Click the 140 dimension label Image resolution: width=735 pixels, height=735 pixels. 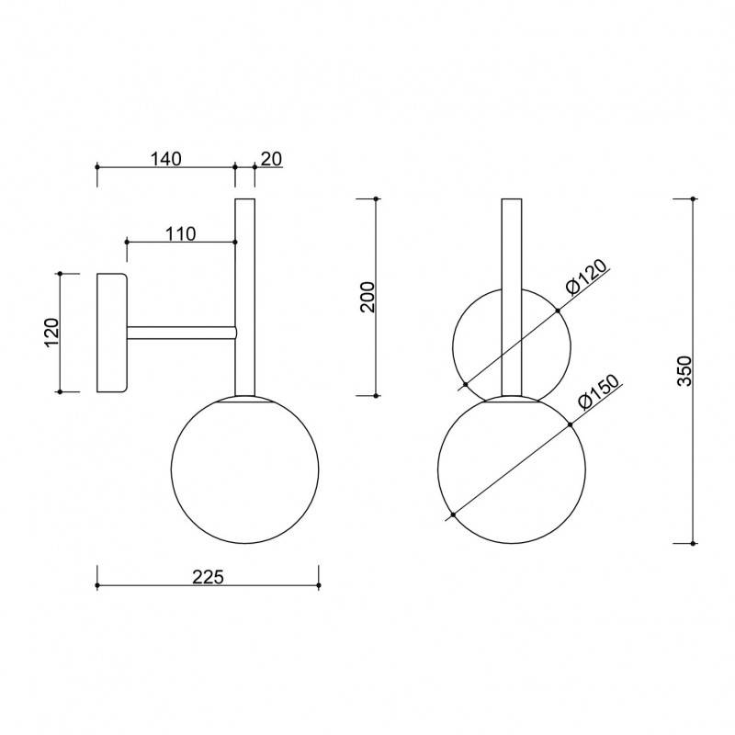click(165, 159)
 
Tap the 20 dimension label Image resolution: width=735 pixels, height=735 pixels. click(271, 159)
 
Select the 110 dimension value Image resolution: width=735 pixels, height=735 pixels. click(181, 234)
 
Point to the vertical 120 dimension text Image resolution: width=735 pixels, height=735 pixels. click(52, 333)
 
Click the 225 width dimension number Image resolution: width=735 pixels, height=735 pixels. click(209, 577)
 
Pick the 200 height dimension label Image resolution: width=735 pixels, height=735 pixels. click(368, 297)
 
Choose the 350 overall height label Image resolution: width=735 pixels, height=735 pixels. click(684, 370)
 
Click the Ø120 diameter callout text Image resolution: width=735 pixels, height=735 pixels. click(586, 277)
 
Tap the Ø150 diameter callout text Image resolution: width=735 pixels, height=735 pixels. click(599, 393)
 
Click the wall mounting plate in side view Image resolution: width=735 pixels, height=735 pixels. click(111, 333)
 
